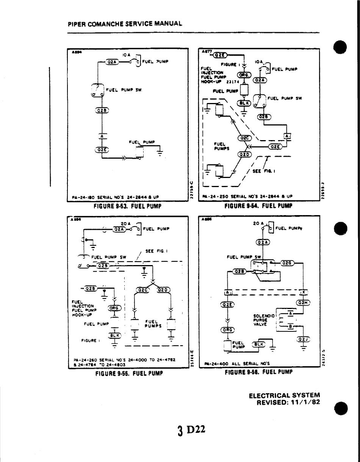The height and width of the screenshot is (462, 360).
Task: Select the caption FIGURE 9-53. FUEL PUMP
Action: (x=128, y=206)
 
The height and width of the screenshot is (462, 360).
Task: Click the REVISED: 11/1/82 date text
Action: (x=288, y=402)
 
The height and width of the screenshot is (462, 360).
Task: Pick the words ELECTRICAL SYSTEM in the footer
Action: (x=284, y=395)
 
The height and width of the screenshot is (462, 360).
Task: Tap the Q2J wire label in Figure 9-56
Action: (x=304, y=339)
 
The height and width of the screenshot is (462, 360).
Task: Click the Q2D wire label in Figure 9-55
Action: (x=164, y=290)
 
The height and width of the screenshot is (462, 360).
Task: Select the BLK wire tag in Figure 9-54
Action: (x=244, y=103)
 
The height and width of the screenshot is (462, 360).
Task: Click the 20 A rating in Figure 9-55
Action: (x=125, y=224)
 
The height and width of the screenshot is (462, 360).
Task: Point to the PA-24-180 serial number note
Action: (x=115, y=197)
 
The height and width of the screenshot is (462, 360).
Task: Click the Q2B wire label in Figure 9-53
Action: (x=102, y=111)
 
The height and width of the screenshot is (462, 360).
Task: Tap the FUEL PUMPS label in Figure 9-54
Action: (x=220, y=146)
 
